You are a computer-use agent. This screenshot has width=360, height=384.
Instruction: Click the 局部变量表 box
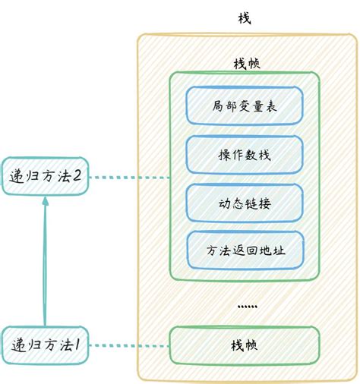[245, 105]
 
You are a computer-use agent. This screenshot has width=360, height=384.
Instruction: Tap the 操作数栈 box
[245, 155]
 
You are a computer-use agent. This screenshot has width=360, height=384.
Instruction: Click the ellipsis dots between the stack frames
[248, 306]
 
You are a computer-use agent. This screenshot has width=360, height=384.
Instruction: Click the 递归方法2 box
[46, 177]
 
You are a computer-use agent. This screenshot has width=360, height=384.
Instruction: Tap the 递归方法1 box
[46, 345]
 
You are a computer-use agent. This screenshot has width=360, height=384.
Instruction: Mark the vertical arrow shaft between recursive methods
[45, 266]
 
